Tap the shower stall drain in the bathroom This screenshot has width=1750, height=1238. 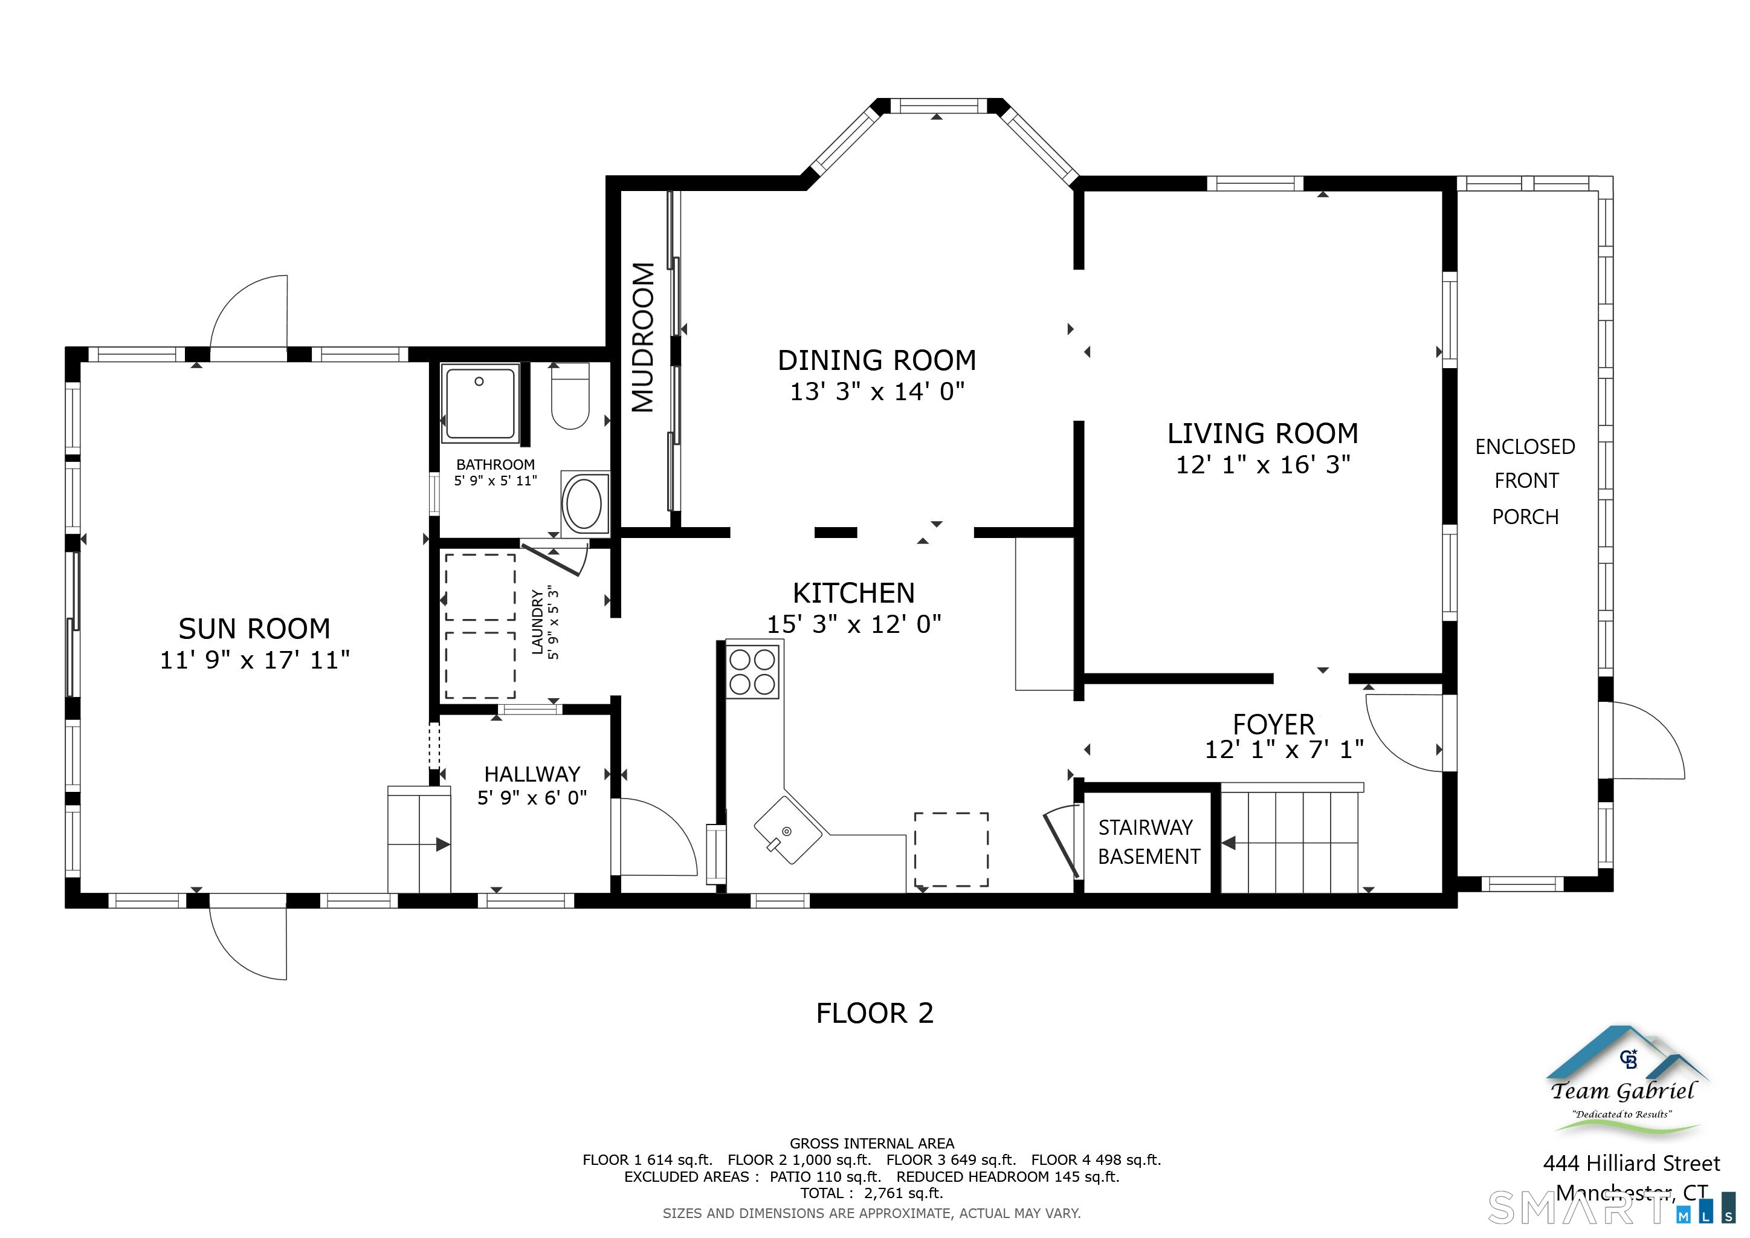[x=479, y=381]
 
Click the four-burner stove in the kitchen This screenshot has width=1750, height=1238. [x=752, y=672]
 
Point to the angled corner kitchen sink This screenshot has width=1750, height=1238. [x=787, y=830]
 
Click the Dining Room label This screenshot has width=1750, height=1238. [x=877, y=360]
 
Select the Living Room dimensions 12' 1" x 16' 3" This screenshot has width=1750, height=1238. [x=1263, y=464]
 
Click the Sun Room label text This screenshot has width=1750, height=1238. [x=254, y=629]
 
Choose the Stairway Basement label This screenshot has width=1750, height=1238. [x=1148, y=841]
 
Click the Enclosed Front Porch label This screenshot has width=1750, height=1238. [x=1525, y=482]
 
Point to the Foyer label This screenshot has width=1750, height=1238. [x=1274, y=724]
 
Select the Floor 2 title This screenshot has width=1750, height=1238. [x=874, y=1013]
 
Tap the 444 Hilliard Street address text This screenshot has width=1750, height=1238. [x=1631, y=1163]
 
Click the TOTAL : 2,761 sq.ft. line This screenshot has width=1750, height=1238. [x=871, y=1193]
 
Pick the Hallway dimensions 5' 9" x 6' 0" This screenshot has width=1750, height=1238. [x=532, y=797]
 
